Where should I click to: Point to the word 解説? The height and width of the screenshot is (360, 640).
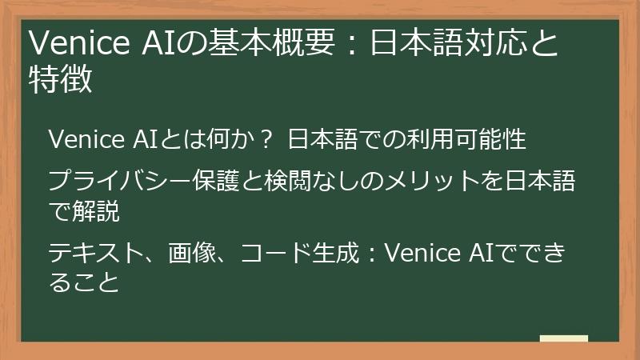point(95,211)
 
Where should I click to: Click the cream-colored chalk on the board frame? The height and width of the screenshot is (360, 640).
point(563,340)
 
